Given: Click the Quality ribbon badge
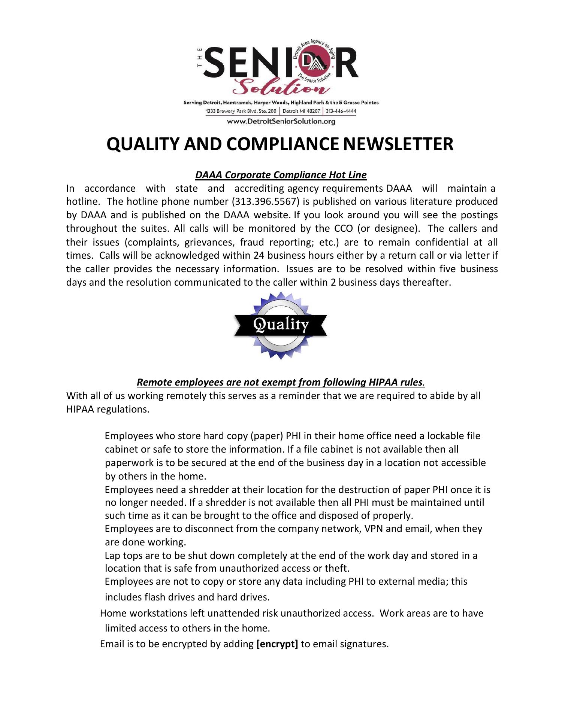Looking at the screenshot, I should (281, 325).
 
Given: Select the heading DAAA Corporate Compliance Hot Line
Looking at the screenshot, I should (281, 175).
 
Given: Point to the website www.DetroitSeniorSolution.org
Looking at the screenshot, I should (281, 121).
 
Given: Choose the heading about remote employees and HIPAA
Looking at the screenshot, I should (281, 382).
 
